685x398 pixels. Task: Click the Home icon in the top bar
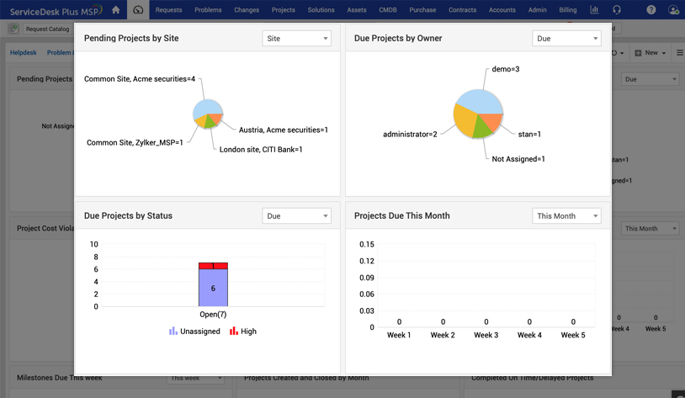[x=116, y=10]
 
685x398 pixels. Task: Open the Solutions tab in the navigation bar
[x=321, y=10]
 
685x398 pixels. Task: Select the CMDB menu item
[x=388, y=10]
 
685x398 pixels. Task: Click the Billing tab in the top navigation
[x=568, y=10]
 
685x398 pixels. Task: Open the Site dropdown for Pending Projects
[x=296, y=39]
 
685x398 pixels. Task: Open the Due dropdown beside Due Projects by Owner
[x=566, y=39]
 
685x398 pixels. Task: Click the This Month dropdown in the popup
[x=566, y=216]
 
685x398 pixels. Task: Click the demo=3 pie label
[x=505, y=69]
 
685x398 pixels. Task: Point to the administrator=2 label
[x=410, y=135]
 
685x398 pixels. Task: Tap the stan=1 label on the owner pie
[x=529, y=135]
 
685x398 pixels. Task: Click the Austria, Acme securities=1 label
[x=284, y=130]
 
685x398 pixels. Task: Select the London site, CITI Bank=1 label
[x=261, y=150]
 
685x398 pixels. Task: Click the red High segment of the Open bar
[x=213, y=266]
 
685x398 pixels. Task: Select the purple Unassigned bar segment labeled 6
[x=213, y=288]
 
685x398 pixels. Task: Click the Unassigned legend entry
[x=194, y=332]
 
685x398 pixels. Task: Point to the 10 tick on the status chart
[x=93, y=245]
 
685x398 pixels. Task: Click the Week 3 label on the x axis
[x=486, y=335]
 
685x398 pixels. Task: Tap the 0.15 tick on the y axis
[x=366, y=245]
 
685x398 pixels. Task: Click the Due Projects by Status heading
[x=128, y=216]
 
